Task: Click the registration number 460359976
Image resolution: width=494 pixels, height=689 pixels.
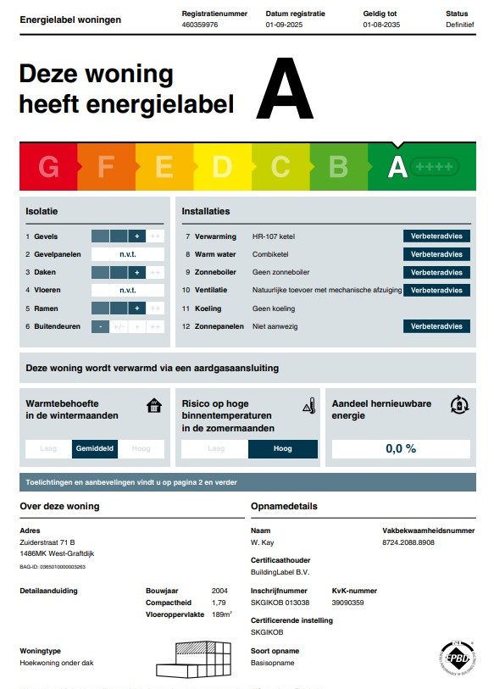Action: (200, 25)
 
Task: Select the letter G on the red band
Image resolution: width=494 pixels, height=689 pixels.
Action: (49, 167)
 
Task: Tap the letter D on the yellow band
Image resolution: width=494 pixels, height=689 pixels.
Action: (222, 167)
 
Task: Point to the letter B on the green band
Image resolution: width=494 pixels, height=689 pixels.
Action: (338, 167)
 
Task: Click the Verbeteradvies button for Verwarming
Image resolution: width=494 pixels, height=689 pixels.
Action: (436, 236)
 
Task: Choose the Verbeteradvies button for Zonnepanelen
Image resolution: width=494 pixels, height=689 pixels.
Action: (436, 326)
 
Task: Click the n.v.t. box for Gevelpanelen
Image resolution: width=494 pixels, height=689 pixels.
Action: (128, 254)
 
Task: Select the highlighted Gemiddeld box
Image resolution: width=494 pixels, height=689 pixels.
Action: (95, 448)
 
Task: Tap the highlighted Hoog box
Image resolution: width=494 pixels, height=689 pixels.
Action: (282, 449)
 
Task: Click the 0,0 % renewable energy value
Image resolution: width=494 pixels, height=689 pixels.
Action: (401, 448)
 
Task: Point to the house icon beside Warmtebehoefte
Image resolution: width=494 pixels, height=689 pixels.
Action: (153, 405)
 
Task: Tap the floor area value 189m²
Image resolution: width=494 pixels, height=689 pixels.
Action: (221, 614)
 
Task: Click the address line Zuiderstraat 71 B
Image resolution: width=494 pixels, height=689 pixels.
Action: (47, 542)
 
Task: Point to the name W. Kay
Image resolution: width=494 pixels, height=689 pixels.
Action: (261, 542)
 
